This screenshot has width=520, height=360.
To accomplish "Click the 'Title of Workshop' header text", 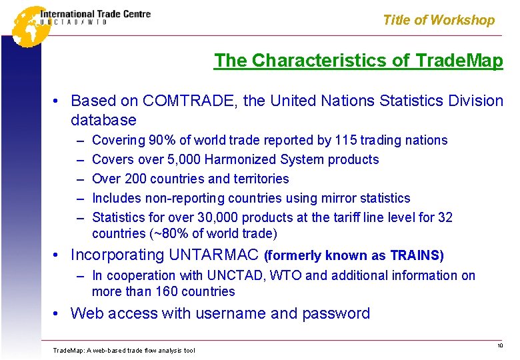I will tap(439, 20).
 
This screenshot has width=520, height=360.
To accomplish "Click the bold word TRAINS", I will tap(414, 255).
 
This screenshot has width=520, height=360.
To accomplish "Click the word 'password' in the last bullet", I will tap(336, 313).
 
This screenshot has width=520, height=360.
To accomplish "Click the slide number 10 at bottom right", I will tap(499, 345).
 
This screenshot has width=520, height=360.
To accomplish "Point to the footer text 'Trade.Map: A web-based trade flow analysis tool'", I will tap(123, 350).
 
